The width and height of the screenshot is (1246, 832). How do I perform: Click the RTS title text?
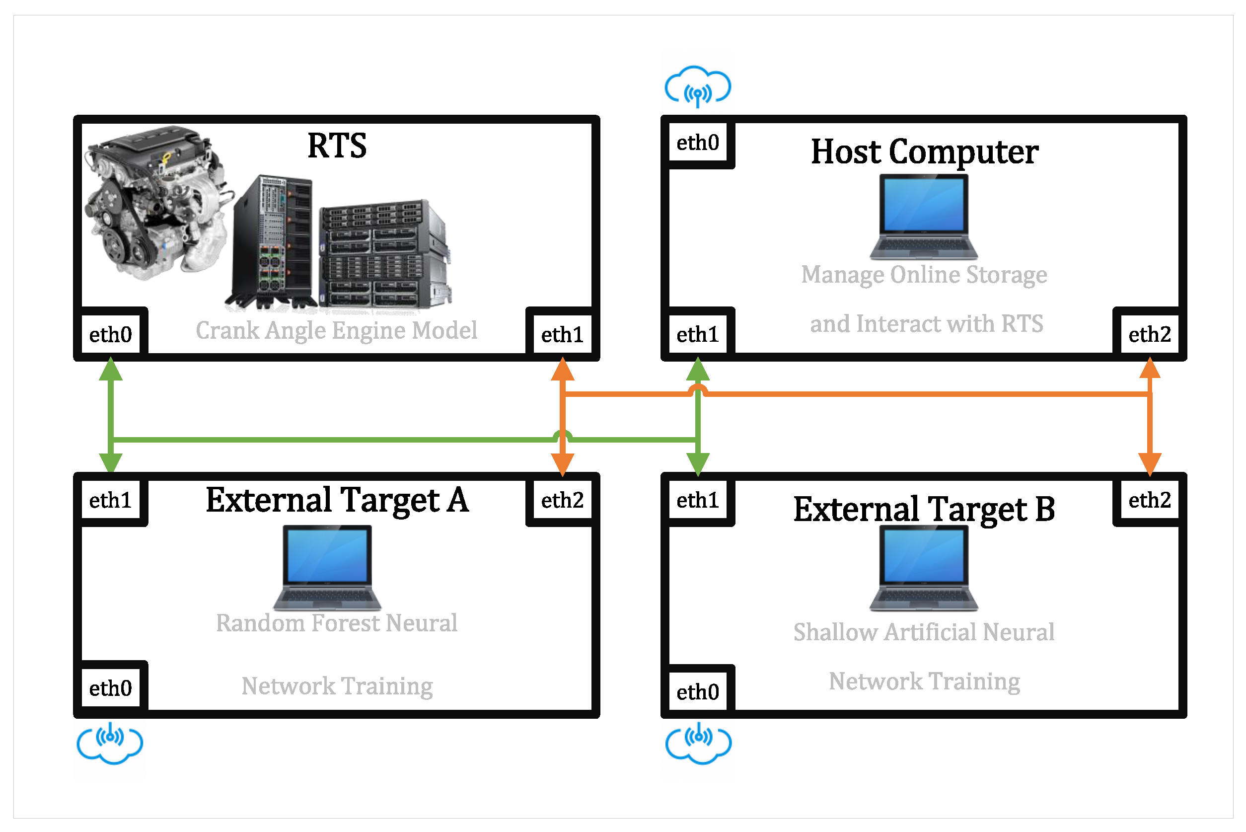[337, 146]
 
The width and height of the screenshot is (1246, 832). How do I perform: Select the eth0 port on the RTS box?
[110, 335]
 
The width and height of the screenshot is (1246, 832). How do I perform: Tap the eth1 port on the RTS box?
[562, 335]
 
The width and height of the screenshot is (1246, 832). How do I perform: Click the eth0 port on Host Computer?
[698, 143]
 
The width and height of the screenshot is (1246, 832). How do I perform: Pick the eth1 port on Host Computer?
[698, 335]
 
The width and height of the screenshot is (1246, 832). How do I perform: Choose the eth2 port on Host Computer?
[1149, 335]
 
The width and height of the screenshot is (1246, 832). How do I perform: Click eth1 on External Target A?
[110, 500]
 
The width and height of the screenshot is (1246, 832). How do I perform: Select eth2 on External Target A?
[562, 500]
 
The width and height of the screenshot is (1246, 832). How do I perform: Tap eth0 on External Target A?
[110, 688]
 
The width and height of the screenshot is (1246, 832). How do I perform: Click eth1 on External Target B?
[698, 500]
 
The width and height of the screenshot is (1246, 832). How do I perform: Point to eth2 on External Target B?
[1149, 500]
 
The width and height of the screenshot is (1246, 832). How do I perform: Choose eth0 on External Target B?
[698, 692]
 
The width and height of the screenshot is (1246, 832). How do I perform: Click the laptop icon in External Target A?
[327, 568]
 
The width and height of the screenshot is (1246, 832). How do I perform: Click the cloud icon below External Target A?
[110, 743]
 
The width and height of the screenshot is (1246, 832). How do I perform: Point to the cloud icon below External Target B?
[698, 743]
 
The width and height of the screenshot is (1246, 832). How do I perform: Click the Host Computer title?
[924, 152]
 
